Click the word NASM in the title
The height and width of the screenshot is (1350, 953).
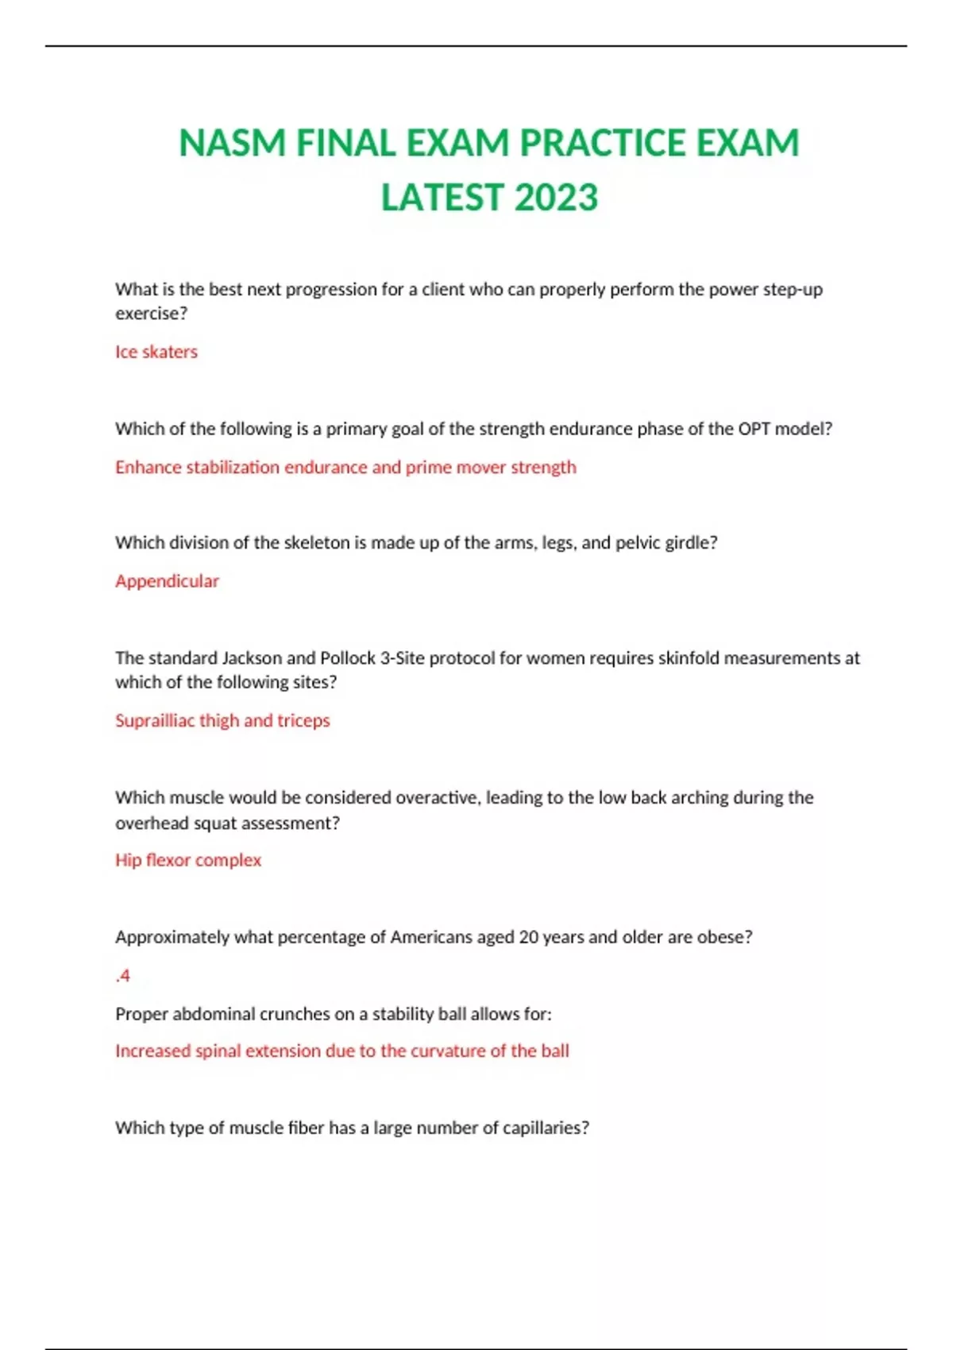point(232,144)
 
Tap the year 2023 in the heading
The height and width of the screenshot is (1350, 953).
point(556,198)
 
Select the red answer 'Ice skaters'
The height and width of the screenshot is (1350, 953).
point(156,352)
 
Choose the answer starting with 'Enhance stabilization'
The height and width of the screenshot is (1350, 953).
point(345,467)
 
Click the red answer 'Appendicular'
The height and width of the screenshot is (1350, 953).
point(167,581)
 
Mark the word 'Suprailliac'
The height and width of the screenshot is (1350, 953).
point(155,721)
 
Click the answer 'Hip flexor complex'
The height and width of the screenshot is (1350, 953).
point(188,860)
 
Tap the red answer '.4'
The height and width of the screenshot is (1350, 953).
point(123,976)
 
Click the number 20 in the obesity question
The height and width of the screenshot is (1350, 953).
point(529,937)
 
